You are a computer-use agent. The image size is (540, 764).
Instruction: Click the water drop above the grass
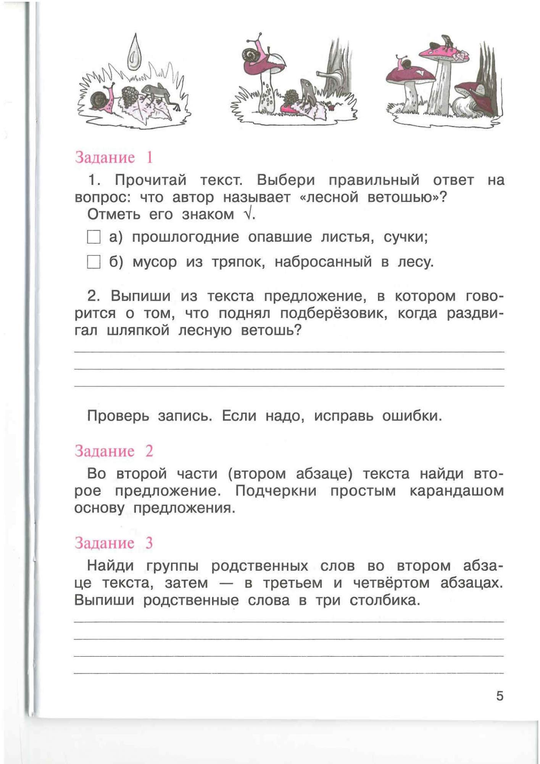point(134,53)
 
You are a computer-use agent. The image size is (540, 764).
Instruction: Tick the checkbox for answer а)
point(93,237)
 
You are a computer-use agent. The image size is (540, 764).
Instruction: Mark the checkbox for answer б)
point(93,262)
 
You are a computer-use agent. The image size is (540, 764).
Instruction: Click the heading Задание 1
point(114,157)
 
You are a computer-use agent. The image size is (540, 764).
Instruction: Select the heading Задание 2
point(114,451)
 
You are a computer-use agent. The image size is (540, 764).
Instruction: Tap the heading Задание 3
point(114,543)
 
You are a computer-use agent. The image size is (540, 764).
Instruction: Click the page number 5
point(500,696)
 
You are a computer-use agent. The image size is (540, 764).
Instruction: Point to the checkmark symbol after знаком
point(248,215)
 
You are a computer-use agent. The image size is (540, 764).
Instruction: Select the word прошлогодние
point(185,237)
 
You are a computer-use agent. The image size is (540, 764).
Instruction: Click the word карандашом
point(456,491)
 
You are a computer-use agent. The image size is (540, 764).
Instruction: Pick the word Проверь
point(118,416)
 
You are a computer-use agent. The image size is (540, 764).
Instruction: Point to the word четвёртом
point(391,583)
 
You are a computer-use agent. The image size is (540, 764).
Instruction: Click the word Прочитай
point(151,180)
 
